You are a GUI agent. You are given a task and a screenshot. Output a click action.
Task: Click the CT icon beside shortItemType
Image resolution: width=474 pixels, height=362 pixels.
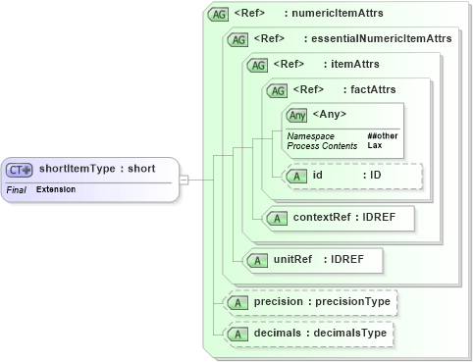(x=21, y=170)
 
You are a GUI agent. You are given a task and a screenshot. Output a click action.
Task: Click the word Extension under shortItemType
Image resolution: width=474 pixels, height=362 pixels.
(x=56, y=188)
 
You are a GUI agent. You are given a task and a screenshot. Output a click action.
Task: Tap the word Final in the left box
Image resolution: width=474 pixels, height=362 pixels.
(x=17, y=188)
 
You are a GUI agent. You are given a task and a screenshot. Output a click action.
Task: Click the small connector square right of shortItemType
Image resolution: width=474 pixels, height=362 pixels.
(x=184, y=180)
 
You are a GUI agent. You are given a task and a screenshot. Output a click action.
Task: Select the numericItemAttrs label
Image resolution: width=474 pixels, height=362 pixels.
(x=341, y=15)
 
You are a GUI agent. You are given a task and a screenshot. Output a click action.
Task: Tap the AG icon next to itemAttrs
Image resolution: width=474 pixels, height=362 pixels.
(x=258, y=66)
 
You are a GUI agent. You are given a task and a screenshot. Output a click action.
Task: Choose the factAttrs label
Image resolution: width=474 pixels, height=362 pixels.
(x=369, y=90)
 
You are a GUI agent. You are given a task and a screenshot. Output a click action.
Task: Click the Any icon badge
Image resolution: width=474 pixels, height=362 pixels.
(x=295, y=116)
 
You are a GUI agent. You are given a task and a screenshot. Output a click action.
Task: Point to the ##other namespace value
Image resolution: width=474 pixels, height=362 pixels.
(x=382, y=135)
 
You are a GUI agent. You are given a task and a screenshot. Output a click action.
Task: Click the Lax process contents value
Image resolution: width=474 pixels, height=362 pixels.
(x=374, y=145)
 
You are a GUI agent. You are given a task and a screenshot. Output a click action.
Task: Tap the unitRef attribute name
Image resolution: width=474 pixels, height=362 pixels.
(x=293, y=260)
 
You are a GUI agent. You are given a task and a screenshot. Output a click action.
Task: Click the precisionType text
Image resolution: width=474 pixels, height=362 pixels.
(x=354, y=302)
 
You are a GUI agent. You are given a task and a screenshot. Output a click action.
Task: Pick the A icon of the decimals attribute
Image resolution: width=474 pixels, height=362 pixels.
(x=237, y=335)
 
